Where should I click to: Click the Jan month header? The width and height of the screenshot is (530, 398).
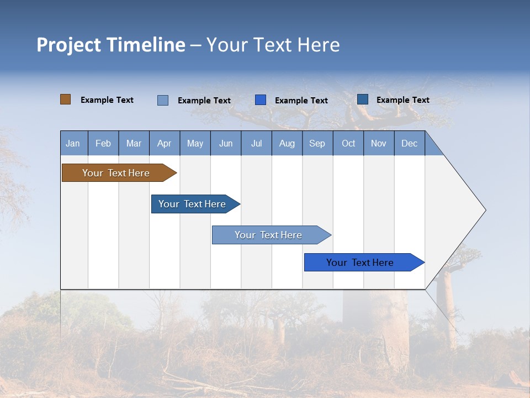(x=73, y=143)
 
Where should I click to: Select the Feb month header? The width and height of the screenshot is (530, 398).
(x=103, y=143)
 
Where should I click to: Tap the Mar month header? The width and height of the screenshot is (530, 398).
(x=134, y=143)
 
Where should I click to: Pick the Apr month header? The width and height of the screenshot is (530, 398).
(x=165, y=143)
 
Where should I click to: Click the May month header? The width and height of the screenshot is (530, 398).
(x=195, y=143)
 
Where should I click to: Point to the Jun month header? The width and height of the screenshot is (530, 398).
(x=226, y=143)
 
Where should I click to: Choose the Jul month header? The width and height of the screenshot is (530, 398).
(x=256, y=143)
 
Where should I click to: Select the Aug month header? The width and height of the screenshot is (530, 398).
(x=287, y=143)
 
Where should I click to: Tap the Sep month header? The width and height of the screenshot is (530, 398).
(x=317, y=143)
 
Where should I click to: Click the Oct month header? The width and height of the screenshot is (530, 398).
(x=348, y=143)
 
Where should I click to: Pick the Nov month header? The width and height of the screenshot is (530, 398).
(x=379, y=143)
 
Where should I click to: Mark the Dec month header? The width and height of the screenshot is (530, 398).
(x=410, y=143)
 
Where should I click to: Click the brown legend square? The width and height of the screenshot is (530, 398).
(x=65, y=99)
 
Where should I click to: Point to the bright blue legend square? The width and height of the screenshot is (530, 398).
(x=261, y=100)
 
